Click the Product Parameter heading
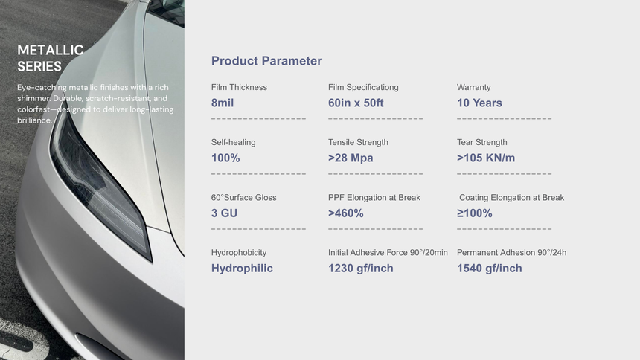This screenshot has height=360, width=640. point(266,61)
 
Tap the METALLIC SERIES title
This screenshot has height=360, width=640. point(50,58)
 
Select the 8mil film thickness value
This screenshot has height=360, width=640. point(223,103)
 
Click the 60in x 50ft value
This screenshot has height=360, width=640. point(356,103)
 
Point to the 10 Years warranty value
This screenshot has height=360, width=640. point(479,103)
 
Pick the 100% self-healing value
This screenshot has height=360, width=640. point(225,158)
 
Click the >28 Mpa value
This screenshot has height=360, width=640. point(351,158)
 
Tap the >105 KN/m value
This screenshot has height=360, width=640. point(486,158)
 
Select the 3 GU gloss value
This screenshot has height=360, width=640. point(224,213)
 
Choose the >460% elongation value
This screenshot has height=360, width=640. point(346,213)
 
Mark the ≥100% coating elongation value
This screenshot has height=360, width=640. point(475,213)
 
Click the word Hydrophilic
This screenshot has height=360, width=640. point(242,269)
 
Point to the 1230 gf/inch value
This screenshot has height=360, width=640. point(361,269)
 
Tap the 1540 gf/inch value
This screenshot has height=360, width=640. point(490,269)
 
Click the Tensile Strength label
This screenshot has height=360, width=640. point(359,142)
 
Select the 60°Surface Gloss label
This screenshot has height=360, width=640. point(243,198)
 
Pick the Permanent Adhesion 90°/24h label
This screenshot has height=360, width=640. point(511,253)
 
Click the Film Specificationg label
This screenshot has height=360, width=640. point(363,87)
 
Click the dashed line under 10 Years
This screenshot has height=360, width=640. point(504,119)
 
